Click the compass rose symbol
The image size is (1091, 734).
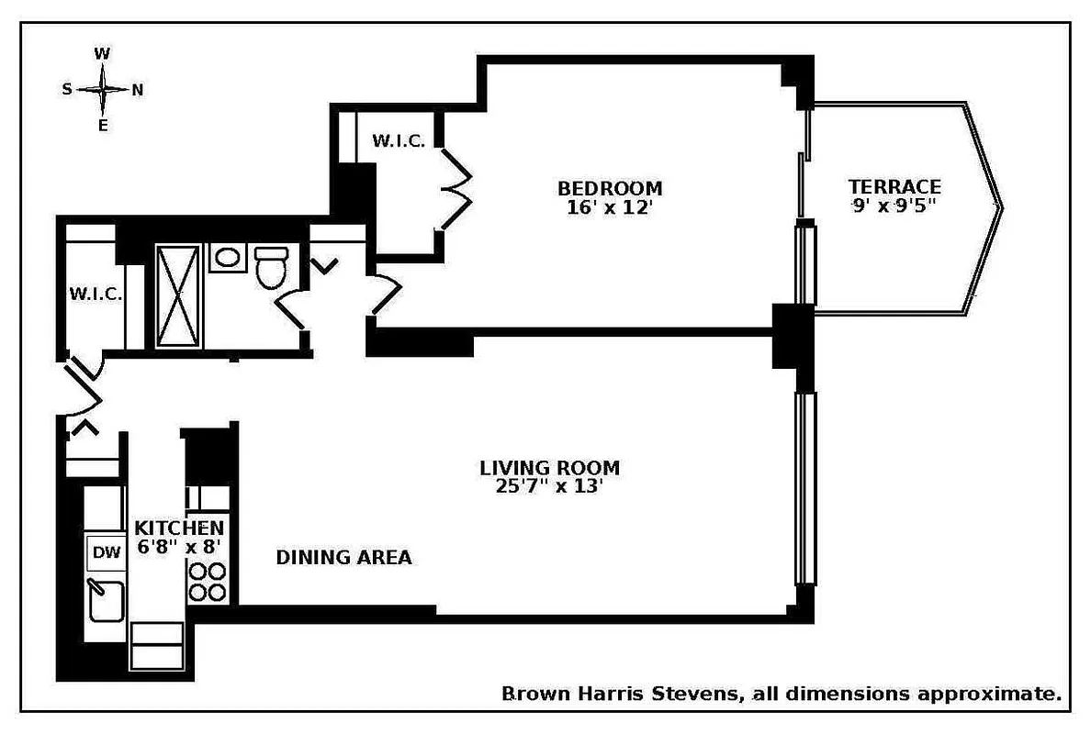click(102, 90)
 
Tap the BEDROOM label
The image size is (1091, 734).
click(610, 188)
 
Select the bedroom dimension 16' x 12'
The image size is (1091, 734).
click(610, 208)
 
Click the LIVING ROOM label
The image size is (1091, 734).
click(549, 468)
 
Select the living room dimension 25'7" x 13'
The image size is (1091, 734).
click(549, 487)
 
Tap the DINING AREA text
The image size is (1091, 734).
click(343, 557)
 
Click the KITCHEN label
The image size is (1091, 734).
click(179, 528)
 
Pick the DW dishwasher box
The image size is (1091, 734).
click(107, 551)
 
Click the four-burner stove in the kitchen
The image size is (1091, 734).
click(208, 582)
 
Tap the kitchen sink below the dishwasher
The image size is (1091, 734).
click(105, 601)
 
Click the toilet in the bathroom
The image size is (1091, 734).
click(271, 266)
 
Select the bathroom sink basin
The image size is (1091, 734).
click(226, 257)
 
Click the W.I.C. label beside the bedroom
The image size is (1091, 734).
click(398, 140)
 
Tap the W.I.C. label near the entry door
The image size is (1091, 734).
click(96, 295)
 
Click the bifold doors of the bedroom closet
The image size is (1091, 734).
click(454, 189)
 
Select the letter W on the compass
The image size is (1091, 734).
click(102, 54)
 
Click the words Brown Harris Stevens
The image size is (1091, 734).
click(620, 694)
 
